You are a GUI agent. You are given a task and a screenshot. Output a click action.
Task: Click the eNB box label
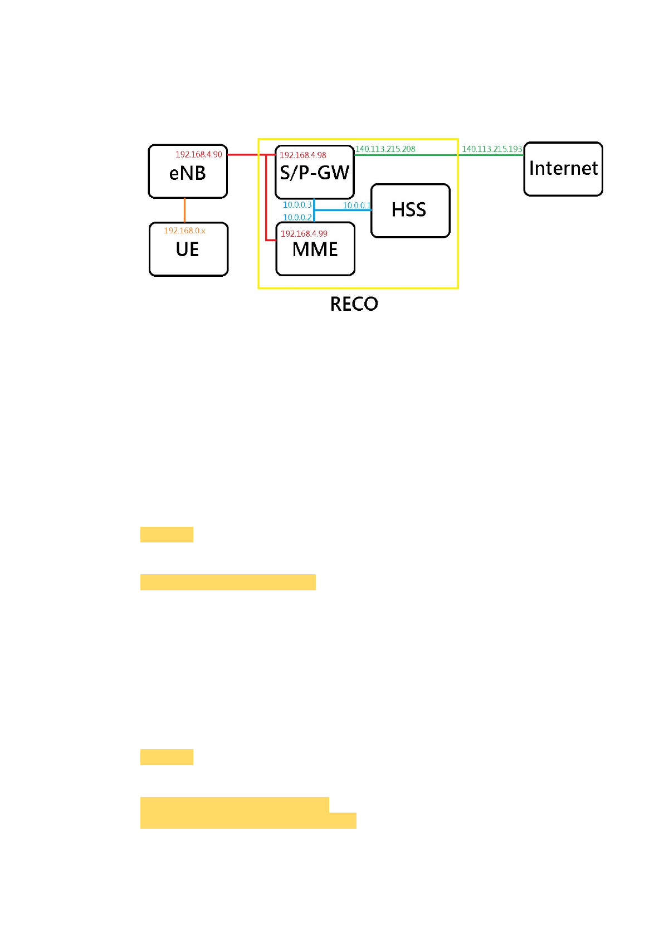pyautogui.click(x=187, y=174)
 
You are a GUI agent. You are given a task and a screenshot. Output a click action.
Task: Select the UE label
pyautogui.click(x=187, y=250)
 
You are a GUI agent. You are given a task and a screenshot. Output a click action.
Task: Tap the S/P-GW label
pyautogui.click(x=314, y=173)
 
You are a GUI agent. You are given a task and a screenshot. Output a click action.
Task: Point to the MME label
pyautogui.click(x=315, y=250)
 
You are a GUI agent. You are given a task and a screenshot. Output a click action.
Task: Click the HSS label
pyautogui.click(x=409, y=210)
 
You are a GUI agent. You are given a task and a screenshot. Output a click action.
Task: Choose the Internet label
pyautogui.click(x=563, y=168)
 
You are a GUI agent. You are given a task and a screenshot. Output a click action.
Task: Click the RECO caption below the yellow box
pyautogui.click(x=354, y=304)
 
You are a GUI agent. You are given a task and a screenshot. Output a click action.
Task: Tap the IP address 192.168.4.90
pyautogui.click(x=198, y=154)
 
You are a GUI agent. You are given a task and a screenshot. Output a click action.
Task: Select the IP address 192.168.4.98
pyautogui.click(x=302, y=155)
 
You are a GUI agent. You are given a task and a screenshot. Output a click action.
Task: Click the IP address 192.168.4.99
pyautogui.click(x=304, y=234)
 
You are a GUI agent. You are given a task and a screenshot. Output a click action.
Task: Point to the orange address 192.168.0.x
pyautogui.click(x=184, y=231)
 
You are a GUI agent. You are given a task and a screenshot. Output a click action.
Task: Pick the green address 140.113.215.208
pyautogui.click(x=385, y=149)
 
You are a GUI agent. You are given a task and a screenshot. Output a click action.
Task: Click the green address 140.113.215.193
pyautogui.click(x=492, y=149)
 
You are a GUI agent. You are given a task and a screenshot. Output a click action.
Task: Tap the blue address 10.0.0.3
pyautogui.click(x=297, y=205)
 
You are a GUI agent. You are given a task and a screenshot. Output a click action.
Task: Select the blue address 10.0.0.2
pyautogui.click(x=297, y=218)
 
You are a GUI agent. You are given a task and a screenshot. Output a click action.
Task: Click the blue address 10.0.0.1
pyautogui.click(x=357, y=206)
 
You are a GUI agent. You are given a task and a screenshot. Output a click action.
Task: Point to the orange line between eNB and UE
pyautogui.click(x=184, y=210)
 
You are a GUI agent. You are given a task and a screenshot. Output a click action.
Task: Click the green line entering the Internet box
pyautogui.click(x=490, y=155)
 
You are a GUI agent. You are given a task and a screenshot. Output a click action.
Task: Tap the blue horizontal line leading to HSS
pyautogui.click(x=343, y=210)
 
